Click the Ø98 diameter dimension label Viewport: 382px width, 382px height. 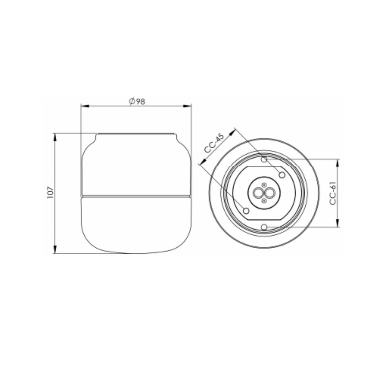click(x=137, y=101)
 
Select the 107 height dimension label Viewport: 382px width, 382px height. click(x=50, y=193)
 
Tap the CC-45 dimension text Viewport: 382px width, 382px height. click(x=214, y=143)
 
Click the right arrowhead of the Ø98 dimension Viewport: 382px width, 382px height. click(x=187, y=106)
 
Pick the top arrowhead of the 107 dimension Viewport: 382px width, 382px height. click(x=55, y=138)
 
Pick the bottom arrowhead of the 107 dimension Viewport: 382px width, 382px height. click(x=55, y=249)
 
